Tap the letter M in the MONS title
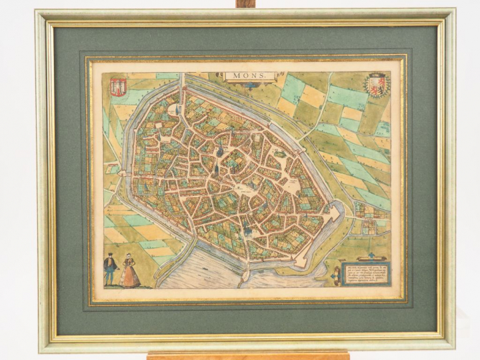233,76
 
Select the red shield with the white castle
119,86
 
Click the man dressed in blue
111,269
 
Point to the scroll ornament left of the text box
335,273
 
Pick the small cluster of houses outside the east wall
364,211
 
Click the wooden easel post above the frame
246,4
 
